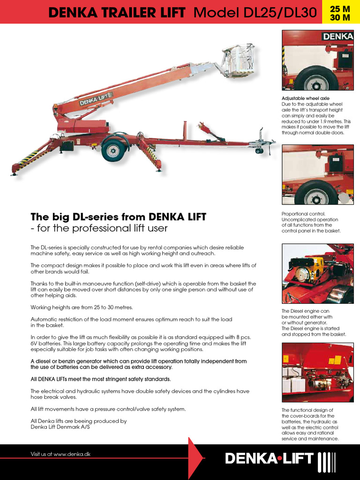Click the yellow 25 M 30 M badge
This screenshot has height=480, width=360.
tap(342, 12)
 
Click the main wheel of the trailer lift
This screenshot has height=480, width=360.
tap(113, 150)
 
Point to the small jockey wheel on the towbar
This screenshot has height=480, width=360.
tap(259, 150)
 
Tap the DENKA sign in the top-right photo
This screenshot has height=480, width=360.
tap(337, 37)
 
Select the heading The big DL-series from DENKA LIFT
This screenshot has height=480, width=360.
tap(118, 217)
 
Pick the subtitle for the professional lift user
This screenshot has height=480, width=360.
tap(99, 229)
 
